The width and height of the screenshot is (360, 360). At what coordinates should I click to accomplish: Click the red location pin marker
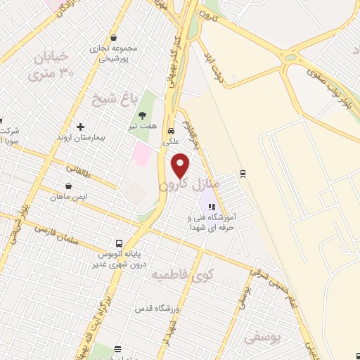[181, 165]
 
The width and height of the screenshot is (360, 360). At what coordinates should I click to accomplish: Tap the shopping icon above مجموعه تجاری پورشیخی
[114, 39]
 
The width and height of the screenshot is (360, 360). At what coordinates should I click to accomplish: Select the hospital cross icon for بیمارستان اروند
[81, 127]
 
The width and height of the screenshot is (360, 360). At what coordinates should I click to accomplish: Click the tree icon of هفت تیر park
[143, 115]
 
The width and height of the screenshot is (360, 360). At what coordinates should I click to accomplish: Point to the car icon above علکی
[171, 131]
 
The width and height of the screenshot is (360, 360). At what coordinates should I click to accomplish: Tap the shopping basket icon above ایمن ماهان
[68, 186]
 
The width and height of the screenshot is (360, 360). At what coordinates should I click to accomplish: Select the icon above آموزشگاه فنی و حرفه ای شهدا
[212, 207]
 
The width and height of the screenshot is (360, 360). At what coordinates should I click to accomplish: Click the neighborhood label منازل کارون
[190, 185]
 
